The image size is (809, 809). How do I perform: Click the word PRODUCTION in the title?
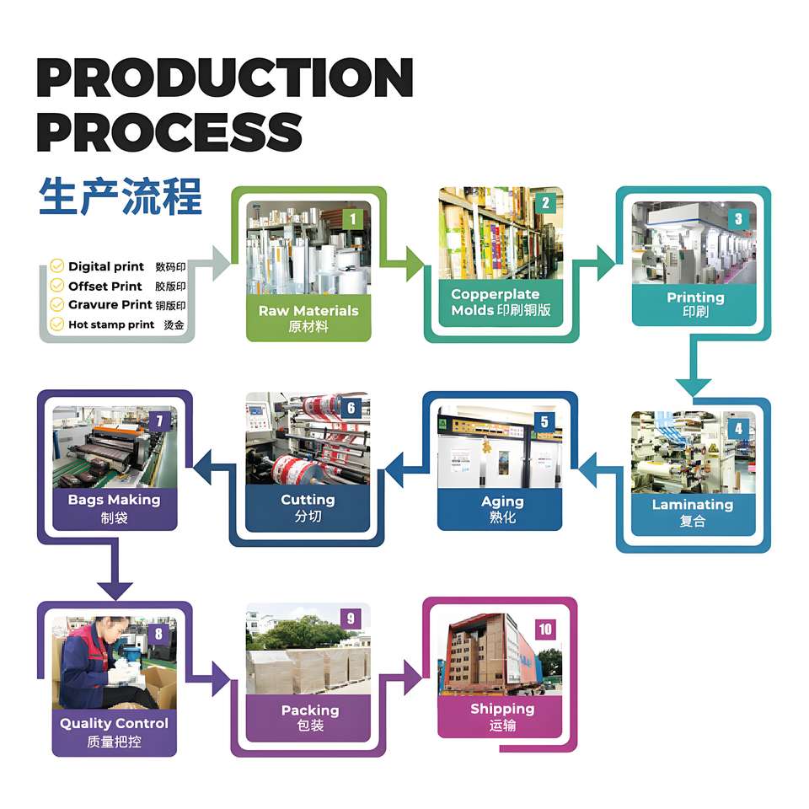click(224, 78)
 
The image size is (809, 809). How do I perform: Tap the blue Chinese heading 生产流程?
click(120, 197)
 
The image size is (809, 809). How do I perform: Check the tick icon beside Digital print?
click(57, 266)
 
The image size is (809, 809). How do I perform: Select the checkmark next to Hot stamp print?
click(57, 324)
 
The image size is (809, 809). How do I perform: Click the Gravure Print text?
click(110, 305)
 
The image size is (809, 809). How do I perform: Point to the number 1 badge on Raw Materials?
click(353, 219)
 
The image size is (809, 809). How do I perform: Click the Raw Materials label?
click(308, 311)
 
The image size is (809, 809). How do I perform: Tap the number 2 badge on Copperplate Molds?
click(545, 203)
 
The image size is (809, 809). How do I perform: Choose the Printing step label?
click(695, 297)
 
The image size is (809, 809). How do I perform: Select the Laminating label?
click(693, 505)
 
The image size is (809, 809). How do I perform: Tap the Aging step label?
click(502, 501)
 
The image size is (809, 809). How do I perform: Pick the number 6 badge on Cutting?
click(351, 409)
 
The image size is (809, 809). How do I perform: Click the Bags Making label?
click(114, 500)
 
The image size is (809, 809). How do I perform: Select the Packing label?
click(309, 710)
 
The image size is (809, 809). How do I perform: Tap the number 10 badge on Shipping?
click(545, 630)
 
